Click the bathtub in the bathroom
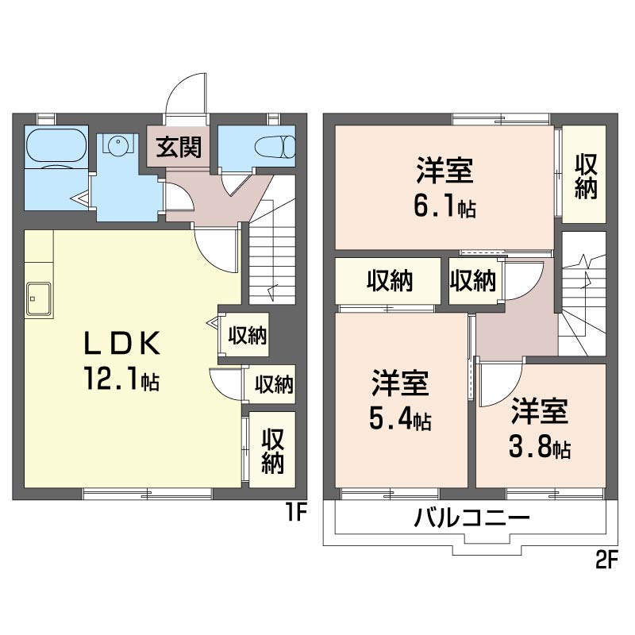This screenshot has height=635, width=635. (x=56, y=146)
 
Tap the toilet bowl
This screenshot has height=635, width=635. (x=275, y=147)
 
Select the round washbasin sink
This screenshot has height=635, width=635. (x=117, y=143)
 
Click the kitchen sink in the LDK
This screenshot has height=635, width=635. (x=39, y=299)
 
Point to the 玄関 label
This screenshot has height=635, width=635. (x=179, y=147)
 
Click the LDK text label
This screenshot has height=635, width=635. (x=122, y=344)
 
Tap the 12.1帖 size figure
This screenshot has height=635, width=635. (x=122, y=379)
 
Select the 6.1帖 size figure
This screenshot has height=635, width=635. (x=444, y=206)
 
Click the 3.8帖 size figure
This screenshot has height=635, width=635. (x=540, y=447)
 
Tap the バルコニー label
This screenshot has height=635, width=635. (x=471, y=518)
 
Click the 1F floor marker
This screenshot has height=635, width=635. (x=297, y=512)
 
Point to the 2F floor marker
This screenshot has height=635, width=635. (x=606, y=560)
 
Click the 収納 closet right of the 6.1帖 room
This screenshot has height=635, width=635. (x=584, y=174)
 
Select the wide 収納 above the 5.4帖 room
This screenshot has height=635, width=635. (x=388, y=281)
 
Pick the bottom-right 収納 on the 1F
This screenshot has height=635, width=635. (x=272, y=449)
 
